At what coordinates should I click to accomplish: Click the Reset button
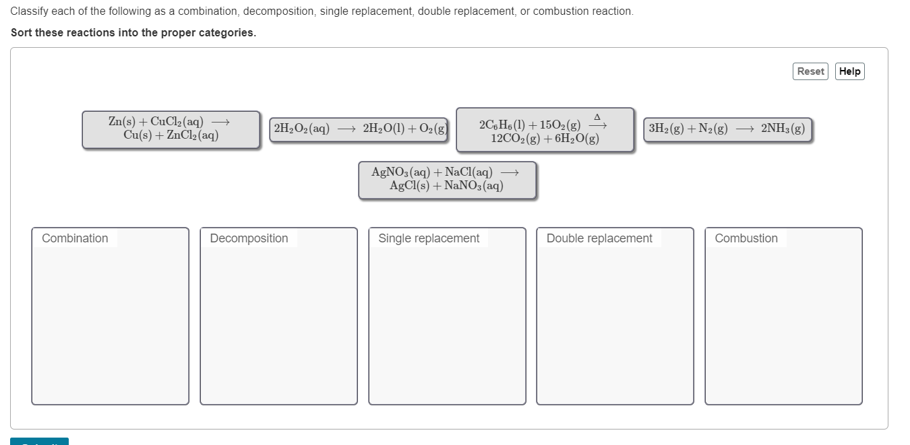pos(810,71)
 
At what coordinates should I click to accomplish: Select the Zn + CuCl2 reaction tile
pos(171,129)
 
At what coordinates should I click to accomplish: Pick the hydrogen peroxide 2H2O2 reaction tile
pos(361,129)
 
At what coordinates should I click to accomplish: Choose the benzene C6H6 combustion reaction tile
pos(545,130)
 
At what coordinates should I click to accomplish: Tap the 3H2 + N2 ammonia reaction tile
pos(727,129)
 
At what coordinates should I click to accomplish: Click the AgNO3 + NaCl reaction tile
pos(447,180)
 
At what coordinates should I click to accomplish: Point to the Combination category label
pos(75,238)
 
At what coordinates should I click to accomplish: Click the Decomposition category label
pos(249,238)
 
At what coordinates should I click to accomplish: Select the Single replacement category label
pos(429,238)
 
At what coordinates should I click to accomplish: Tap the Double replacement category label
pos(599,238)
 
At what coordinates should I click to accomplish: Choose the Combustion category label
pos(746,238)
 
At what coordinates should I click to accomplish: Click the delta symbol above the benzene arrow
pos(597,117)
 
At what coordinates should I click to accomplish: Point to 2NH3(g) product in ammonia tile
pos(783,129)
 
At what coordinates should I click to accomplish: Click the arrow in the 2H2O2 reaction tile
pos(346,129)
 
